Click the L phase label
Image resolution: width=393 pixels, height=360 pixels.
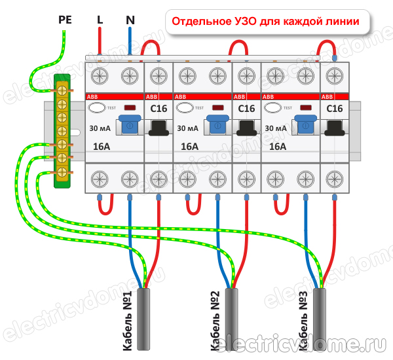100,20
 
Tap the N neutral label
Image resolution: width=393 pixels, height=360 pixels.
130,20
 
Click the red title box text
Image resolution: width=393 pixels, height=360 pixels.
265,21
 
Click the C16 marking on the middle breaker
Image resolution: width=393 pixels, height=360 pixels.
246,108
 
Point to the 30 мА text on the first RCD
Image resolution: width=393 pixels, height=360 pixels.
100,127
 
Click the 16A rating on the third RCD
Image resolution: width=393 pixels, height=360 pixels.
278,146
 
